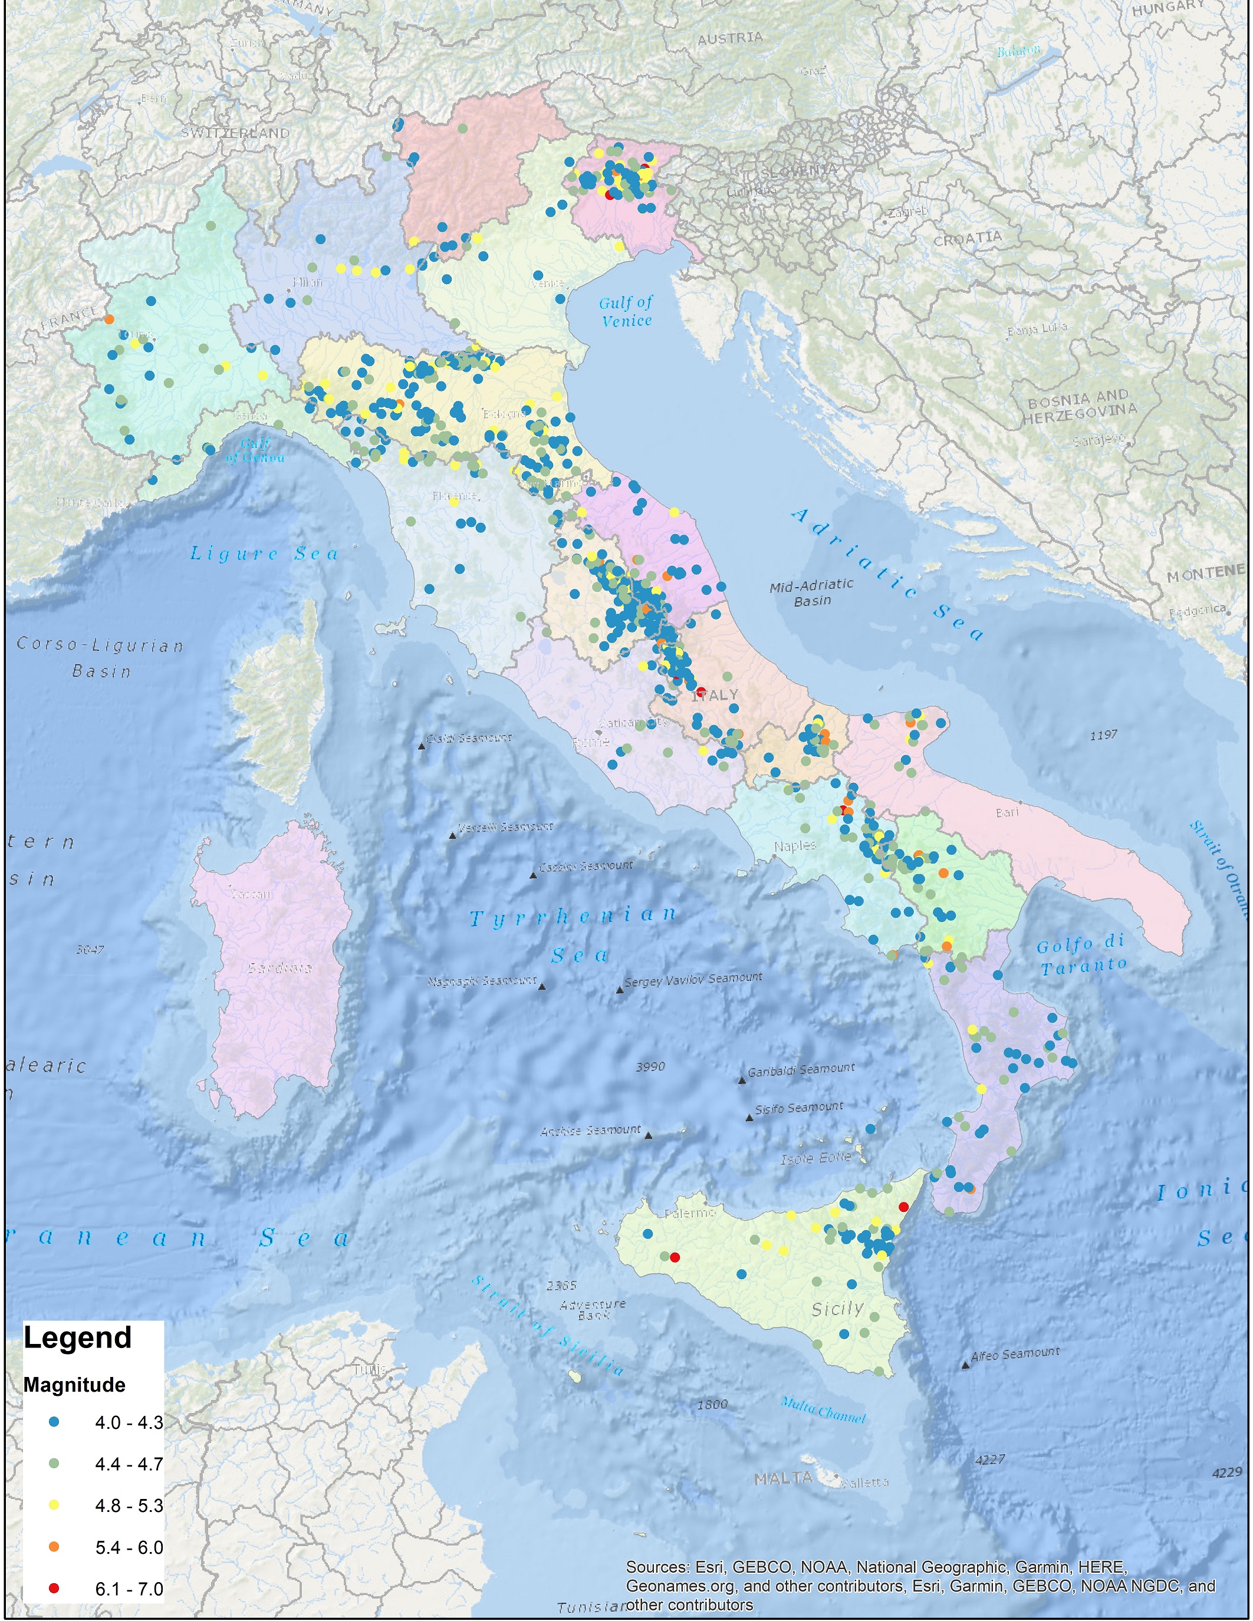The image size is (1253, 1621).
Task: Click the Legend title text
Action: (77, 1337)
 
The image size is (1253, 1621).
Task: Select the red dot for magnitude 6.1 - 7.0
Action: (54, 1589)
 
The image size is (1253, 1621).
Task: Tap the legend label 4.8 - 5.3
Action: (129, 1505)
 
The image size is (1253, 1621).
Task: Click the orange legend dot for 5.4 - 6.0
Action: (54, 1547)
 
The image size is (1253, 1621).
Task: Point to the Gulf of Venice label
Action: (626, 311)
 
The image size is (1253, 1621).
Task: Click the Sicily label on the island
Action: (837, 1309)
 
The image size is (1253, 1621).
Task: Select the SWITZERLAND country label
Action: (235, 133)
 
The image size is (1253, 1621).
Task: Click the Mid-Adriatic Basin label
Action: (811, 592)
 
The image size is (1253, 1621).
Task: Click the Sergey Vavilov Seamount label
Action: (693, 980)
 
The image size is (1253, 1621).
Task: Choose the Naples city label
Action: (794, 845)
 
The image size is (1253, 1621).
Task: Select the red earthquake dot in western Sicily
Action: (674, 1257)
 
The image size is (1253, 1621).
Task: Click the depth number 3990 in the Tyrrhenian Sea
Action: (650, 1066)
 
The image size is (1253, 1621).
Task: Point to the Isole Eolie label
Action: (816, 1158)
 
